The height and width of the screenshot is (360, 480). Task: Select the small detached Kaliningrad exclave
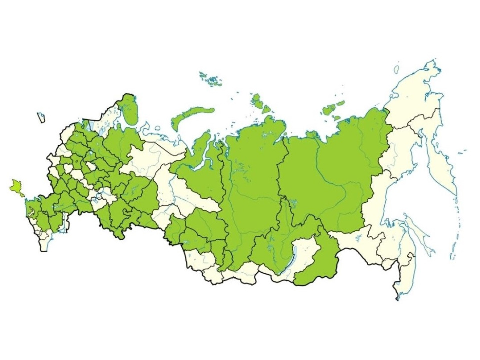pyautogui.click(x=41, y=118)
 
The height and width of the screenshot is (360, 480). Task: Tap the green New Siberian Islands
pyautogui.click(x=330, y=109)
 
